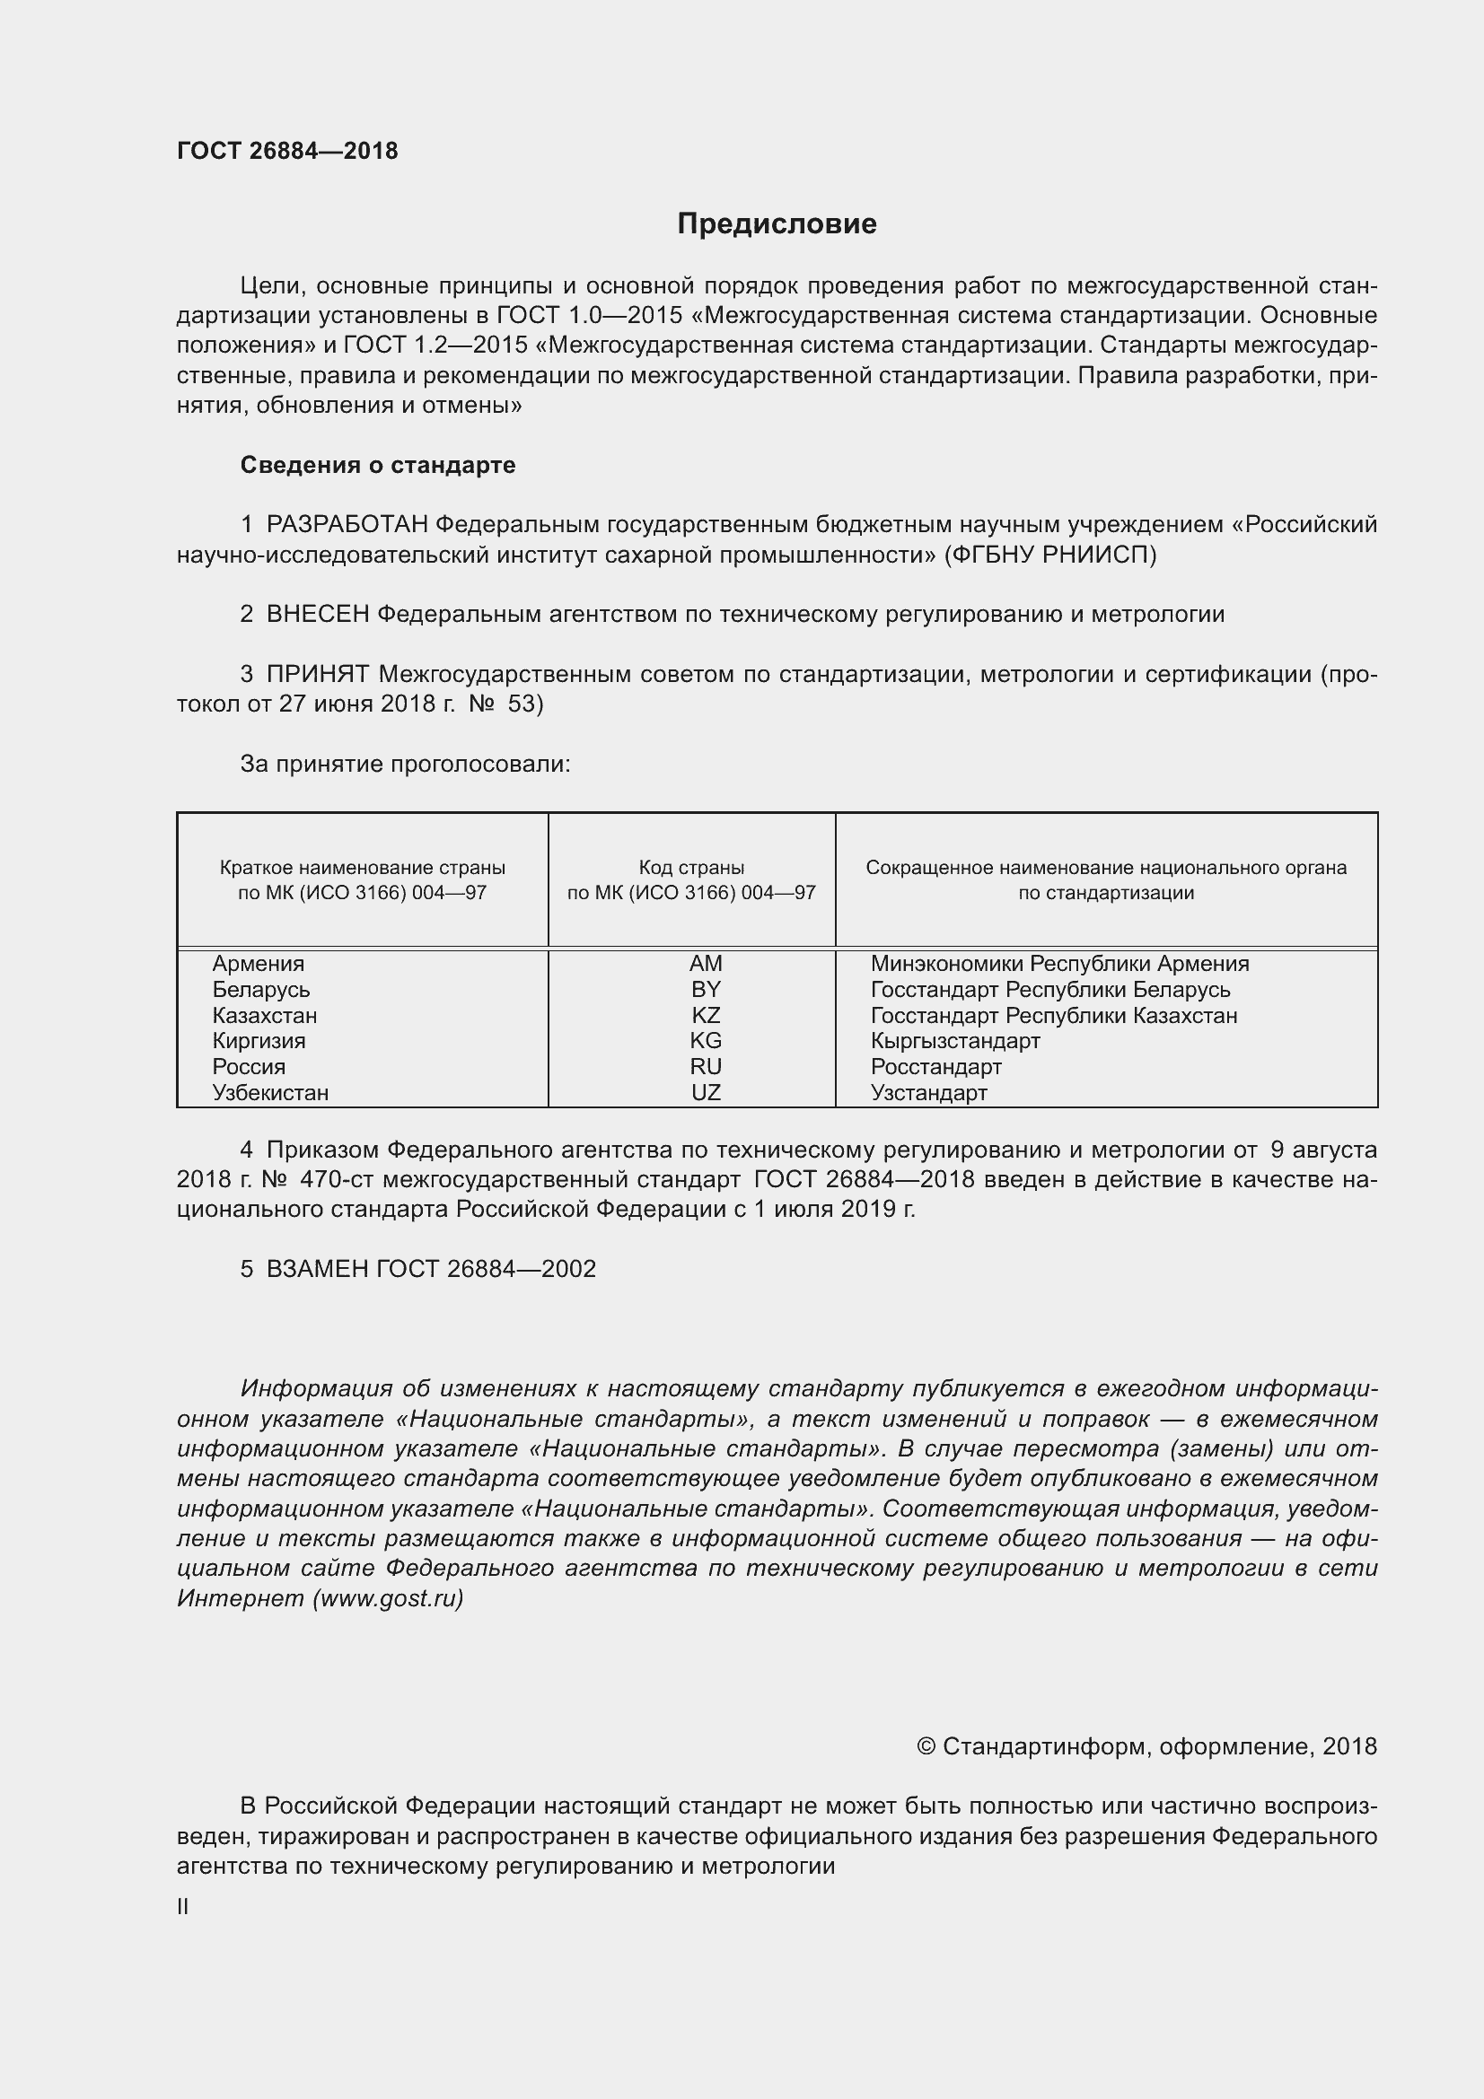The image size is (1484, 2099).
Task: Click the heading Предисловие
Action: (x=777, y=224)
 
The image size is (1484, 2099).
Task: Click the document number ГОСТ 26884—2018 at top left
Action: (x=287, y=151)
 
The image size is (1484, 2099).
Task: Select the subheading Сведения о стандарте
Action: (x=378, y=466)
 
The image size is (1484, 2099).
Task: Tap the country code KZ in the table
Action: (x=705, y=1016)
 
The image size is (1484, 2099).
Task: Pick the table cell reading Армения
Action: (x=258, y=964)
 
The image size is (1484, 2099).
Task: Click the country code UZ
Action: (x=705, y=1092)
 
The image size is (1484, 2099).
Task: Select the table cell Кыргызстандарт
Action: (x=954, y=1041)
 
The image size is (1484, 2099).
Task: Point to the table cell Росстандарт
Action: (x=935, y=1067)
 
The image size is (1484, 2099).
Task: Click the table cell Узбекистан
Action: (x=269, y=1092)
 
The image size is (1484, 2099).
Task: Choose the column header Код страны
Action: (x=691, y=868)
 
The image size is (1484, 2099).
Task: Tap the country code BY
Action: (x=705, y=989)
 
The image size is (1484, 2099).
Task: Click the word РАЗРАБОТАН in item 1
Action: (x=347, y=525)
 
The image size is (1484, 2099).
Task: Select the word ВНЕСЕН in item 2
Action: (x=317, y=615)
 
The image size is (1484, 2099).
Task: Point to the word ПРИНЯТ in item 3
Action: (x=317, y=675)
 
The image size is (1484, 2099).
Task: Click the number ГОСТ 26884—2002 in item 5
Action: (x=486, y=1269)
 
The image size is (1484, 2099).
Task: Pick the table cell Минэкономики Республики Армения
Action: (x=1058, y=964)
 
